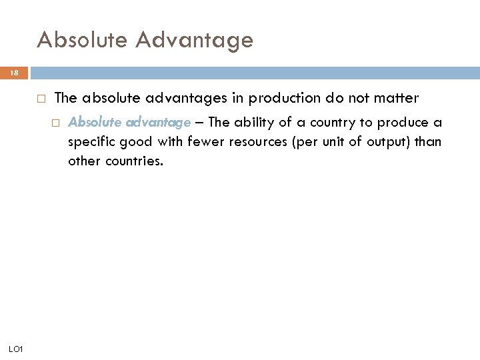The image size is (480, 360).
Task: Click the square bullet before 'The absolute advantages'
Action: [41, 99]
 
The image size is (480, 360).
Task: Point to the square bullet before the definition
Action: [57, 123]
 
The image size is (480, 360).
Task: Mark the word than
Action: [428, 141]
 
